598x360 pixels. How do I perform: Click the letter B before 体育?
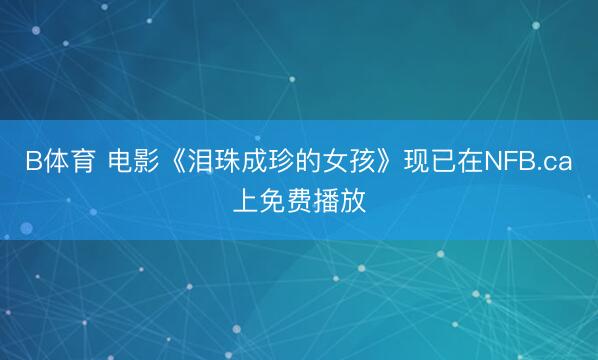[33, 163]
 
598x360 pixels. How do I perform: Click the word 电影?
[133, 163]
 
